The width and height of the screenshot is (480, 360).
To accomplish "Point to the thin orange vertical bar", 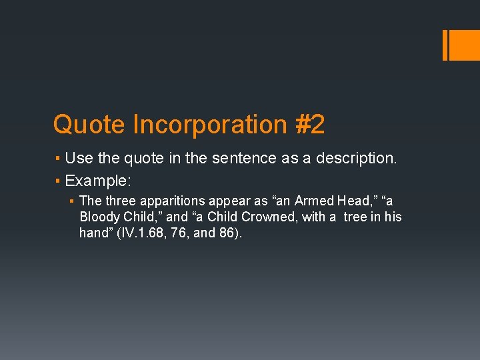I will [x=445, y=45].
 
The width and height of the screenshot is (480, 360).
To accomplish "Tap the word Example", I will [x=97, y=181].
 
